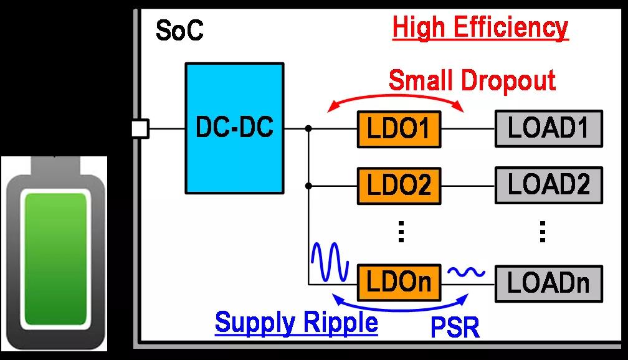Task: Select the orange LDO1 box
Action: pyautogui.click(x=399, y=130)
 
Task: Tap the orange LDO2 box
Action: pyautogui.click(x=399, y=185)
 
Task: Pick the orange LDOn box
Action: pyautogui.click(x=399, y=282)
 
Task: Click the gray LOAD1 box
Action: pyautogui.click(x=549, y=129)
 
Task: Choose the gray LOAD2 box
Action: pyautogui.click(x=549, y=185)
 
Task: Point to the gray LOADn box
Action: pyautogui.click(x=549, y=282)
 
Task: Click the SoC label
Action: pyautogui.click(x=179, y=31)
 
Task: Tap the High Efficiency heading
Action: pyautogui.click(x=480, y=28)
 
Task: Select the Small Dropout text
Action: pyautogui.click(x=472, y=80)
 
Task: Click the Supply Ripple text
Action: pyautogui.click(x=296, y=323)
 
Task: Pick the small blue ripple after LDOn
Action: pyautogui.click(x=467, y=272)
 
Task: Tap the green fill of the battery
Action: pyautogui.click(x=55, y=258)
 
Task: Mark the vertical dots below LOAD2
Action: pyautogui.click(x=543, y=231)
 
